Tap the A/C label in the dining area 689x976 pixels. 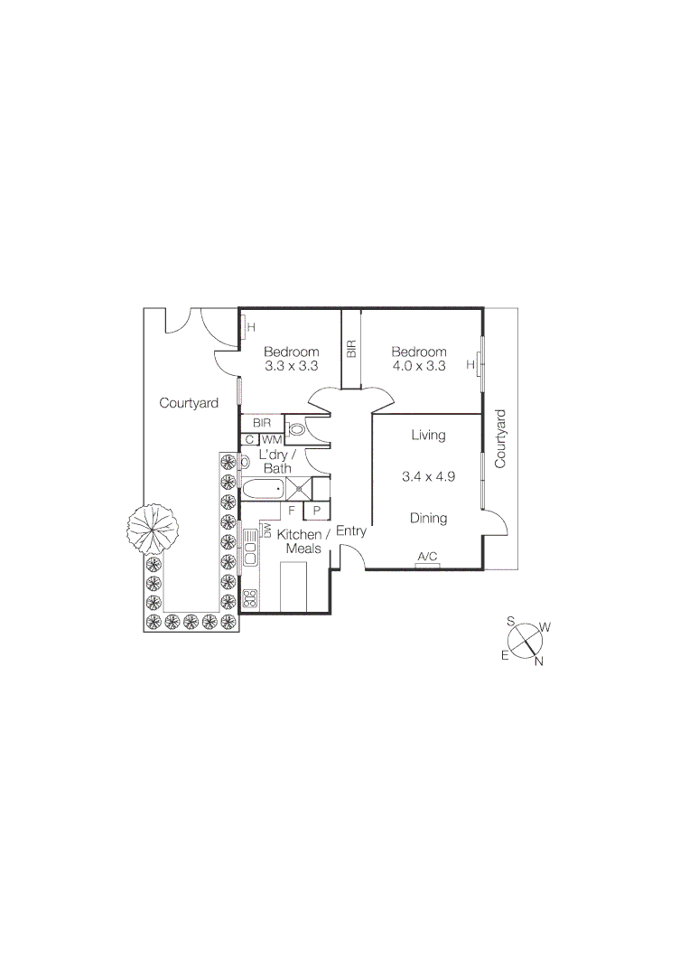[429, 557]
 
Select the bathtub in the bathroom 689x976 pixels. [263, 490]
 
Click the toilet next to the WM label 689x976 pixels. [297, 430]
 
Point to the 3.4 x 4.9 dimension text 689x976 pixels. [429, 476]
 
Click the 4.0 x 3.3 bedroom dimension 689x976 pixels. [419, 366]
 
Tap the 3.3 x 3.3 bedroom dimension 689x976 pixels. [292, 367]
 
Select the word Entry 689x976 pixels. [351, 531]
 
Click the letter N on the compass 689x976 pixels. [539, 662]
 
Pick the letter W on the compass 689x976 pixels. [545, 626]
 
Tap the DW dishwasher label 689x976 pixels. [268, 530]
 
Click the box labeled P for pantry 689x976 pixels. [317, 511]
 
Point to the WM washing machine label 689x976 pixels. [272, 439]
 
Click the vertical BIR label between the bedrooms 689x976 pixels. [351, 349]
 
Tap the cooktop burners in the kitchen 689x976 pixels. [250, 597]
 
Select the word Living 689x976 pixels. [429, 436]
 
